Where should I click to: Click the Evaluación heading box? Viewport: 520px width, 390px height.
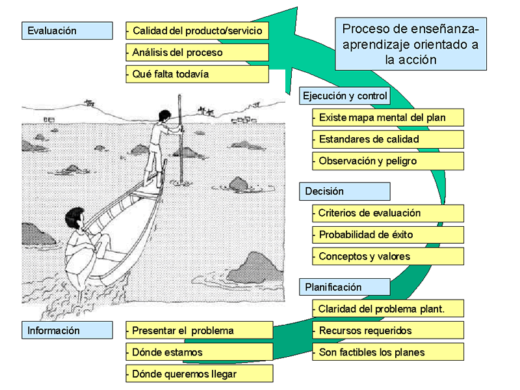[67, 31]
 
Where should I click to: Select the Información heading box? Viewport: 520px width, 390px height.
[67, 330]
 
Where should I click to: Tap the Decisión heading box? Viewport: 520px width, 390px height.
[344, 191]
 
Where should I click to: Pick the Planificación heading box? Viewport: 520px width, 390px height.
[344, 287]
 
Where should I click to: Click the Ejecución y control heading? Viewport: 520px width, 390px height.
[344, 96]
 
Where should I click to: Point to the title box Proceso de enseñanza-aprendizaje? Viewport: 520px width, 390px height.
[410, 44]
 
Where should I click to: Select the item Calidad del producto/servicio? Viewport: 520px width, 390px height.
[197, 31]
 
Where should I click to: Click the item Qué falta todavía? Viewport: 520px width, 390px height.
[197, 73]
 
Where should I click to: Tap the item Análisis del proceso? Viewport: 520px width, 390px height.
[197, 52]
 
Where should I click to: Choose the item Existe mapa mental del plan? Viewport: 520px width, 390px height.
[388, 118]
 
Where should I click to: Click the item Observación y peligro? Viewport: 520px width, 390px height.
[388, 161]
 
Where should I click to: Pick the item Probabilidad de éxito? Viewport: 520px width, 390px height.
[388, 235]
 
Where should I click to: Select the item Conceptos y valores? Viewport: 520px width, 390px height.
[388, 256]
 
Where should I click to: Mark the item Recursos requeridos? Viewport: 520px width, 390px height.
[388, 330]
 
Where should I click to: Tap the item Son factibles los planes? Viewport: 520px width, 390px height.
[388, 352]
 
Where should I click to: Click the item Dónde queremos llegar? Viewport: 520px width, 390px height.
[199, 374]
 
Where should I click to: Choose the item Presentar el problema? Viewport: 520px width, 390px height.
[199, 330]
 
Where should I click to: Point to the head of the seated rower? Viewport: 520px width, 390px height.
[73, 219]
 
